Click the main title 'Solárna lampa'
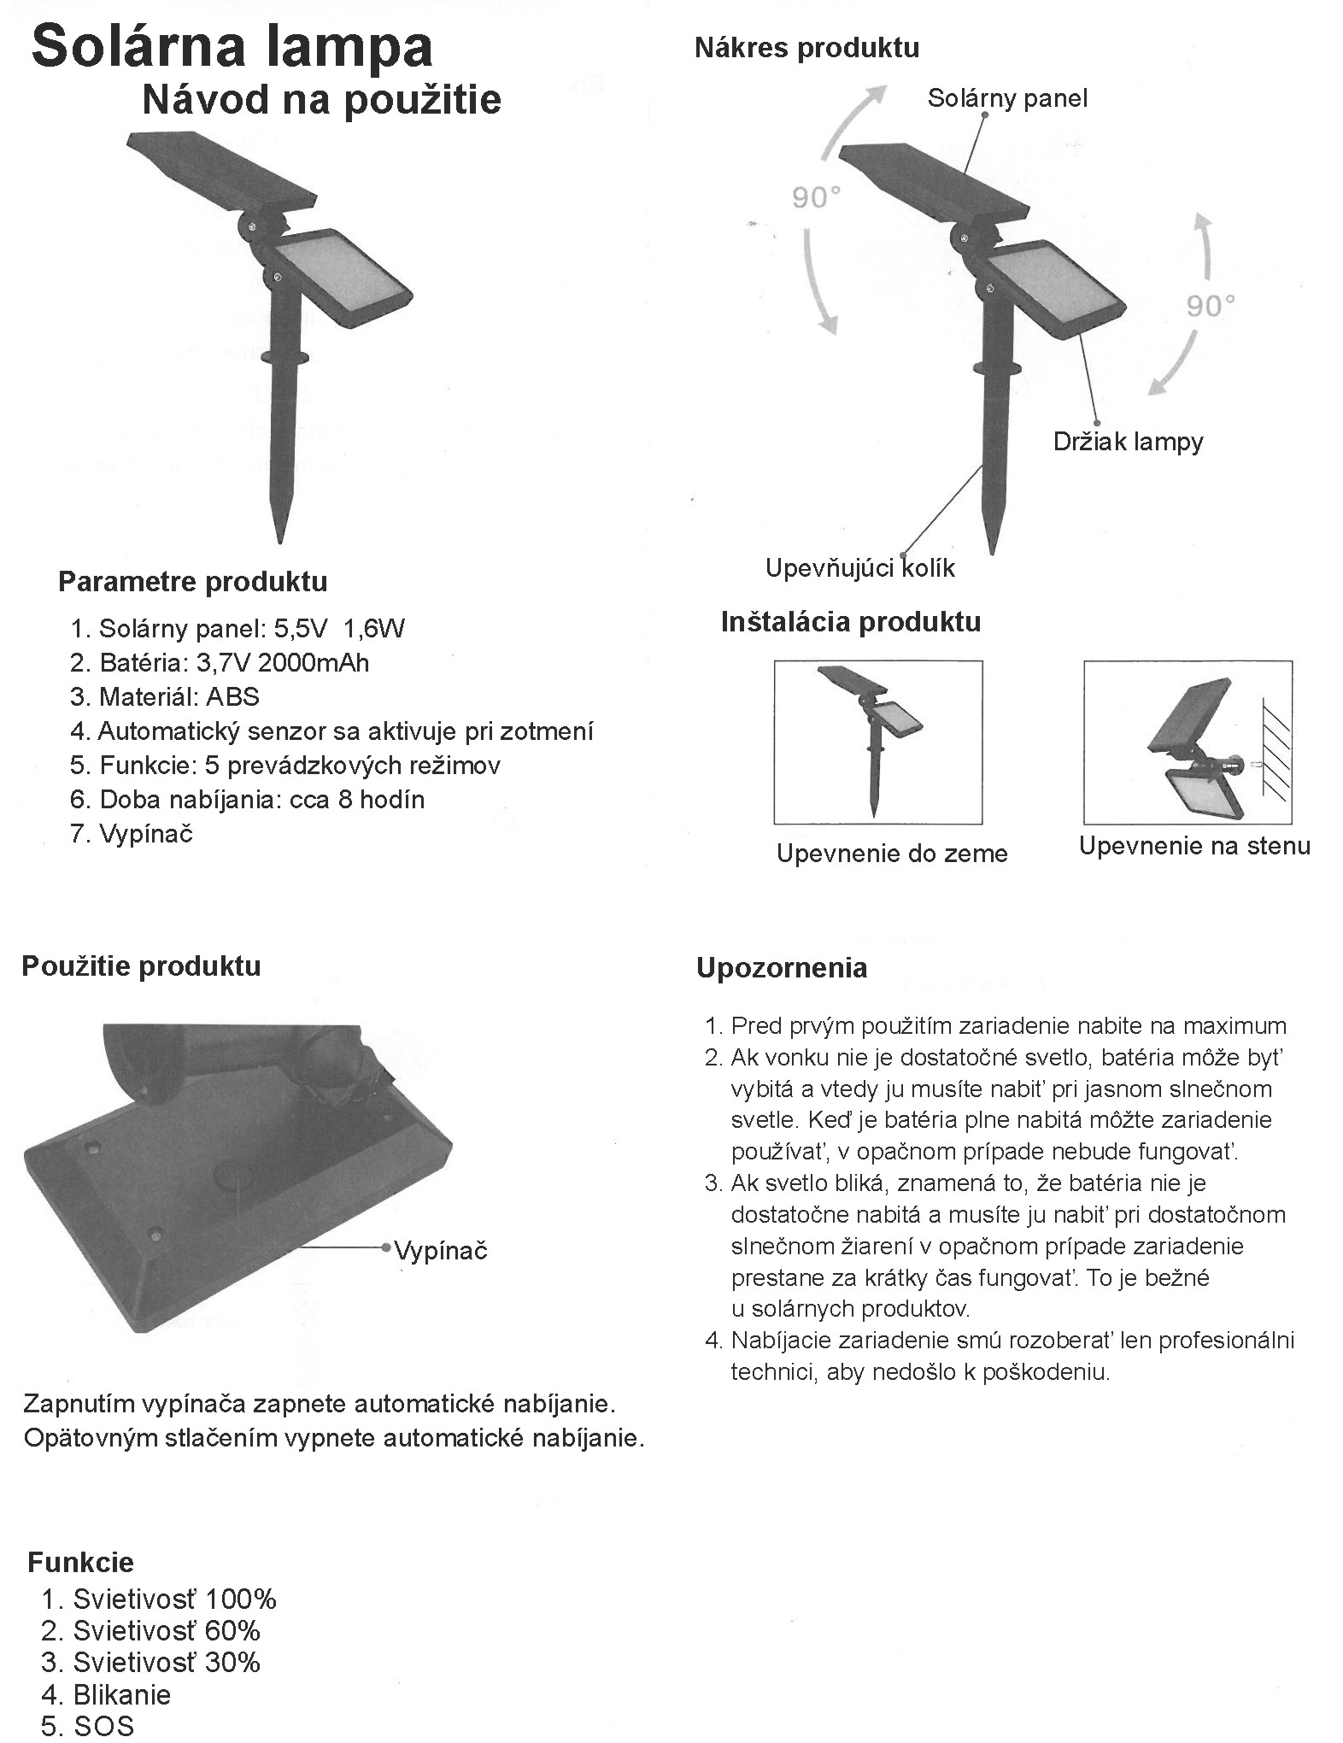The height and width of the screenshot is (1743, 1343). [x=232, y=47]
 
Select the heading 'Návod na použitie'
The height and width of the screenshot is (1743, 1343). [x=321, y=100]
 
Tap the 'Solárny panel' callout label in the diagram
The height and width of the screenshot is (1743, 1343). [x=1007, y=98]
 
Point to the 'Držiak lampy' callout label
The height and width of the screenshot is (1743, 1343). [x=1128, y=442]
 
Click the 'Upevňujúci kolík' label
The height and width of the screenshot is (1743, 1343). [x=859, y=568]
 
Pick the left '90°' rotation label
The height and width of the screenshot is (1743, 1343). [x=816, y=198]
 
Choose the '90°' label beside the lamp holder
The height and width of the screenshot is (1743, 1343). [x=1210, y=305]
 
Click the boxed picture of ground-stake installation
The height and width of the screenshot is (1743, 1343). [x=877, y=742]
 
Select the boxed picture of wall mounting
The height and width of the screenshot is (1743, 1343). [x=1187, y=742]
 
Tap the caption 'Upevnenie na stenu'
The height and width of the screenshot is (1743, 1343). [x=1193, y=846]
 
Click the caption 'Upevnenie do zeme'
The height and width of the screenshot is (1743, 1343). [x=892, y=854]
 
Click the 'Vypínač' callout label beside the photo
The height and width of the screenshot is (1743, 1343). [x=441, y=1251]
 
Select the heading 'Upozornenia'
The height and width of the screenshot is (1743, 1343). [x=782, y=968]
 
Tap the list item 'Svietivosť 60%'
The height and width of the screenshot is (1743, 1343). [x=166, y=1630]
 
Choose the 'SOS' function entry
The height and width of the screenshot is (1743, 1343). [x=104, y=1726]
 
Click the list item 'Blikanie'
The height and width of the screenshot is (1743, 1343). [x=121, y=1694]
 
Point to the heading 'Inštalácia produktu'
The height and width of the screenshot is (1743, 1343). [x=850, y=621]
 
